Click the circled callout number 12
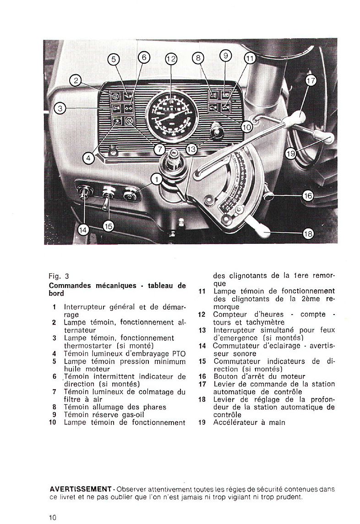pyautogui.click(x=171, y=59)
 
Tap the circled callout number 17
pyautogui.click(x=311, y=81)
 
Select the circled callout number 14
pyautogui.click(x=82, y=231)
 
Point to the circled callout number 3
pyautogui.click(x=60, y=108)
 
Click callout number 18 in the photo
pyautogui.click(x=308, y=234)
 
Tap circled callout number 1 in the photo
pyautogui.click(x=157, y=179)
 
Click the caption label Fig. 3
pyautogui.click(x=59, y=276)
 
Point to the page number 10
pyautogui.click(x=53, y=518)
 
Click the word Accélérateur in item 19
pyautogui.click(x=234, y=422)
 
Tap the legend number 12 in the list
pyautogui.click(x=202, y=314)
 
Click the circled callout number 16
pyautogui.click(x=308, y=196)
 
